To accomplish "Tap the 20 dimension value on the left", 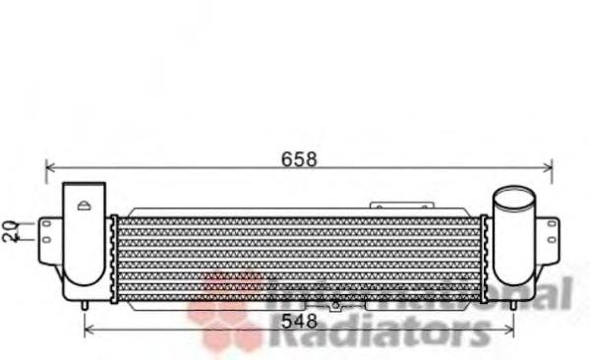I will point(10,231).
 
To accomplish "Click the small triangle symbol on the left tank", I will point(85,205).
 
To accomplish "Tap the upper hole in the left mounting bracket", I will point(47,224).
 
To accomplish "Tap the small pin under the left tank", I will point(86,305).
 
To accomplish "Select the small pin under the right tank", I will point(511,304).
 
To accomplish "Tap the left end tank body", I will point(84,246).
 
